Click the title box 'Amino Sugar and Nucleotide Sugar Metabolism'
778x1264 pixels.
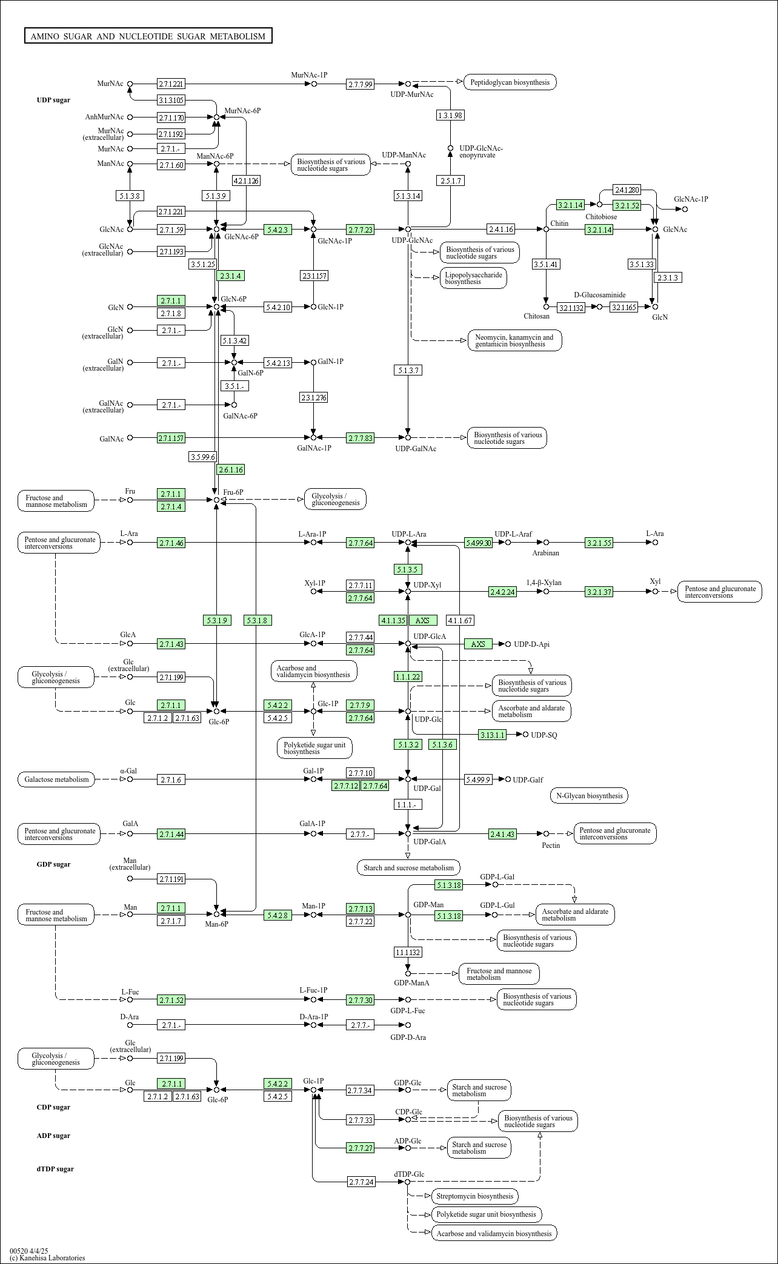[148, 36]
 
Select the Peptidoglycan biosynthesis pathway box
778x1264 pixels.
[510, 82]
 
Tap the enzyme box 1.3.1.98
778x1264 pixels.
[450, 115]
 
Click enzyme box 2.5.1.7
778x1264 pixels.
[450, 180]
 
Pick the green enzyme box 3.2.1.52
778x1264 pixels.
[627, 205]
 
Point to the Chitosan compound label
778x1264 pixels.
[536, 316]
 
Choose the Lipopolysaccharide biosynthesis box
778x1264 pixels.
[473, 278]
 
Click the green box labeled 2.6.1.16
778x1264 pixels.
[231, 469]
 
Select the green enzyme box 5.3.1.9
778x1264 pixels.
[217, 620]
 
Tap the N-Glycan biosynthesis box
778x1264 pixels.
[588, 796]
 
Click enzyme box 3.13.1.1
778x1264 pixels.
[492, 735]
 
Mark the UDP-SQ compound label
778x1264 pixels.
[544, 735]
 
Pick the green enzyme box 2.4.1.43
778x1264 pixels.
[503, 834]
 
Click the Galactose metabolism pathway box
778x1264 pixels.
[56, 779]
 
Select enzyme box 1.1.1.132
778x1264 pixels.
[408, 952]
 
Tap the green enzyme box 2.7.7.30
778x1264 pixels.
[361, 1000]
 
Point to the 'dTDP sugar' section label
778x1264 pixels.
[55, 1169]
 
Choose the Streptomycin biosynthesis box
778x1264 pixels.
[474, 1196]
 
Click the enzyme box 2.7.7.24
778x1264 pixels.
[362, 1182]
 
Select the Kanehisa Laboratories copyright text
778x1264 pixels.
[47, 1258]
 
